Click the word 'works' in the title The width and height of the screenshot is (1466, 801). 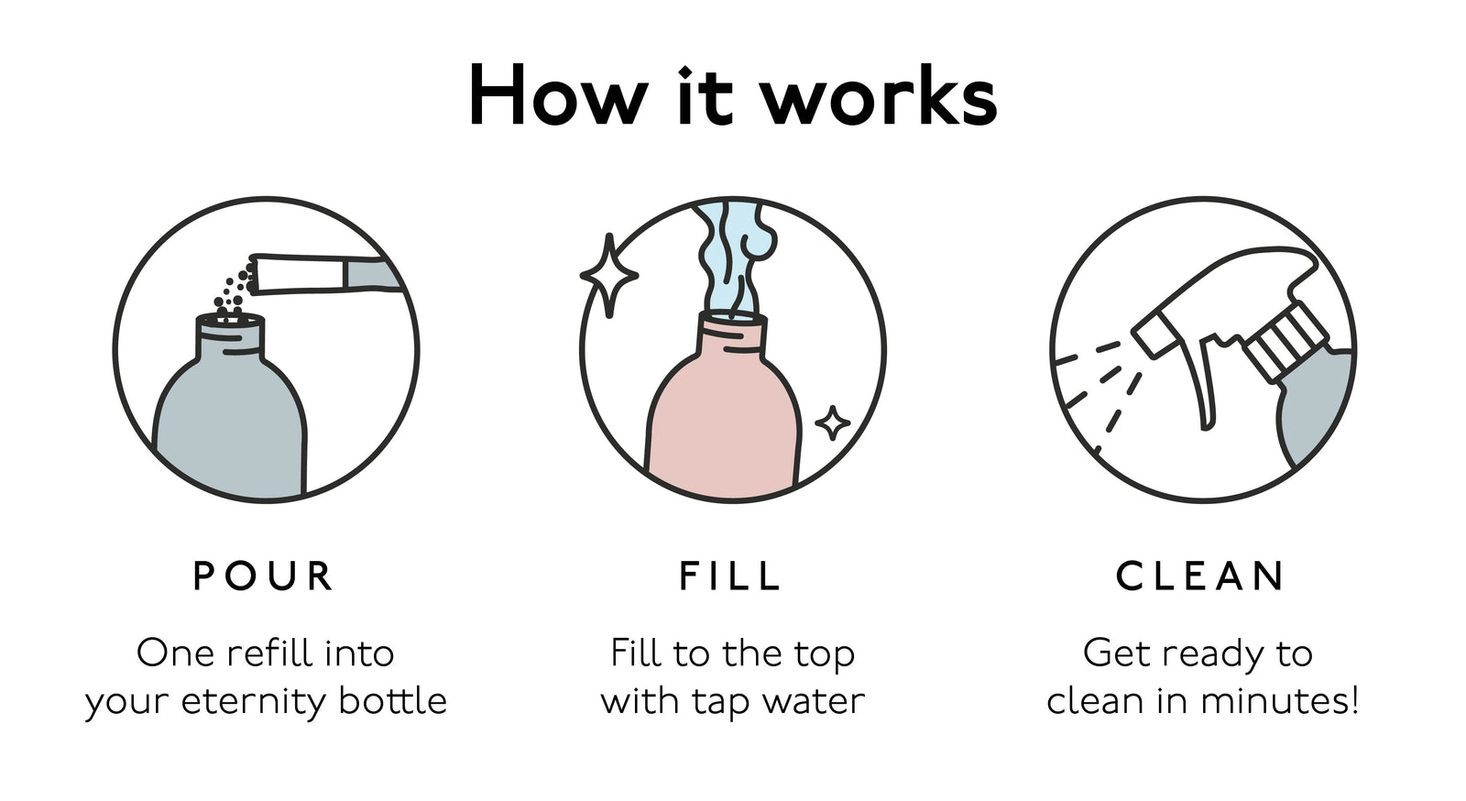(x=880, y=97)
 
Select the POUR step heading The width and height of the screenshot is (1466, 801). (x=264, y=576)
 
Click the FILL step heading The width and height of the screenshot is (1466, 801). (x=731, y=576)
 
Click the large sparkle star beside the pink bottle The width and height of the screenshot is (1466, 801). (x=609, y=275)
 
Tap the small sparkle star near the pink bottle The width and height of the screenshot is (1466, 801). (x=832, y=423)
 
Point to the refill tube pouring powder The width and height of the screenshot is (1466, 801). (x=321, y=274)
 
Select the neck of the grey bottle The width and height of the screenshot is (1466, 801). (x=230, y=337)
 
